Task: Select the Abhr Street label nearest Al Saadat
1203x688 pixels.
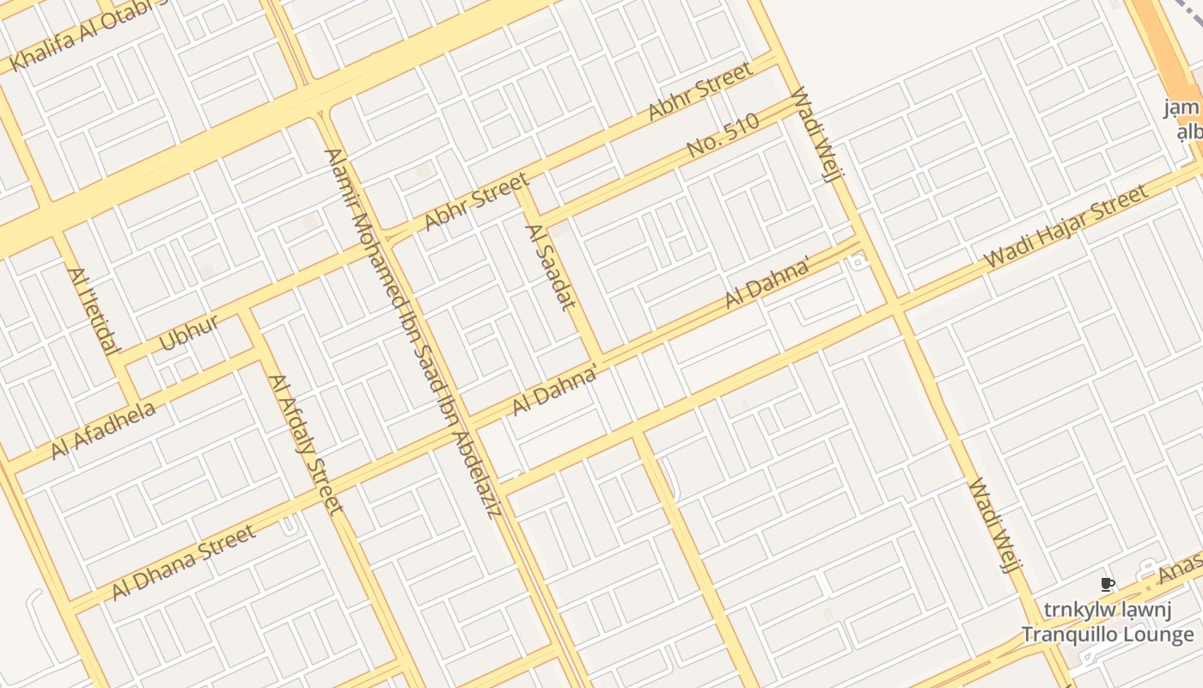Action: click(x=476, y=201)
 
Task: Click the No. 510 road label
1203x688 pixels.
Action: click(x=724, y=136)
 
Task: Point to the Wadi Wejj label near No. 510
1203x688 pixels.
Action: click(x=813, y=134)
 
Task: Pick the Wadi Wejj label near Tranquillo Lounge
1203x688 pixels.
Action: click(x=993, y=526)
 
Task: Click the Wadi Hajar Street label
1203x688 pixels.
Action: click(x=1066, y=225)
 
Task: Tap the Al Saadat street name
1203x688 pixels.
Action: click(x=550, y=267)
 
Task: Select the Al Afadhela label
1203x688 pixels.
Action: click(x=103, y=430)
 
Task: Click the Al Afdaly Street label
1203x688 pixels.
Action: click(x=305, y=443)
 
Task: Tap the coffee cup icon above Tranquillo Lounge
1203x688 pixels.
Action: click(x=1107, y=585)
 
